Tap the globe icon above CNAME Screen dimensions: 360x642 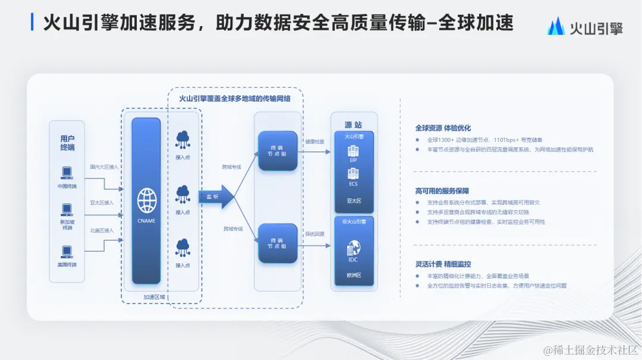[x=146, y=200]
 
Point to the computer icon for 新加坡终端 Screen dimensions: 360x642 [x=67, y=210]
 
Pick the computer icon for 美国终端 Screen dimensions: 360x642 [x=67, y=251]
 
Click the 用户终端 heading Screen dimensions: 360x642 [x=67, y=143]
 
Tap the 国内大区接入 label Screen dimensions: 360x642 [x=104, y=168]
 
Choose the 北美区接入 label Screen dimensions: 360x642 [x=102, y=230]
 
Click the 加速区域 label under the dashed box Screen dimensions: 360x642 [x=155, y=298]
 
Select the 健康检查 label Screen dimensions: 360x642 [x=314, y=141]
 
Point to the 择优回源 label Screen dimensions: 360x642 [x=314, y=234]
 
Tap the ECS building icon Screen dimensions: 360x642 [x=354, y=173]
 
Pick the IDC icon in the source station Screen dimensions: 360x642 [x=354, y=248]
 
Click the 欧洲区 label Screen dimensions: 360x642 [x=354, y=275]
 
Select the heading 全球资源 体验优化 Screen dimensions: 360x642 [x=443, y=128]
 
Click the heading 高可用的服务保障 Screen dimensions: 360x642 [x=442, y=191]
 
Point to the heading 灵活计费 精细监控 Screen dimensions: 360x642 [x=443, y=264]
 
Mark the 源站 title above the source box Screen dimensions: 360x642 [x=353, y=125]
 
